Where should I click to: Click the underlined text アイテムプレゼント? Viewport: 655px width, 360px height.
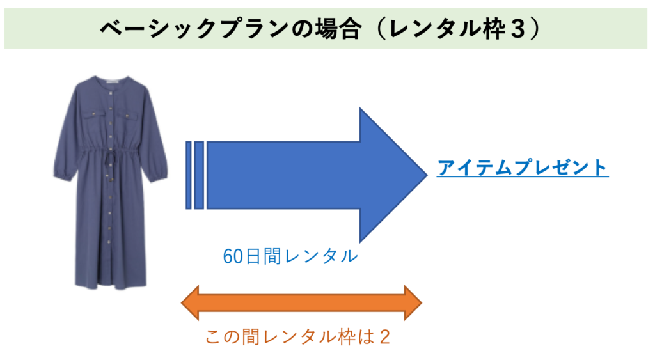pyautogui.click(x=522, y=168)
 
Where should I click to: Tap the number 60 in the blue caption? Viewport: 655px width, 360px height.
pyautogui.click(x=233, y=256)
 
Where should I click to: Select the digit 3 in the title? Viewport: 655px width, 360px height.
pyautogui.click(x=517, y=29)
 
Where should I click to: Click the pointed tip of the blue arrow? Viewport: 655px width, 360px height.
pyautogui.click(x=427, y=175)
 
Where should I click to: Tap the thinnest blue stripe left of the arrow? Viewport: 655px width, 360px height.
pyautogui.click(x=189, y=175)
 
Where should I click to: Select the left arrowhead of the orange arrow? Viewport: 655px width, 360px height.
pyautogui.click(x=189, y=303)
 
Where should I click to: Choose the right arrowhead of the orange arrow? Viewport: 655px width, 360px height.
pyautogui.click(x=413, y=303)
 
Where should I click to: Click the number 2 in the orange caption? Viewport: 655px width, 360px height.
pyautogui.click(x=384, y=337)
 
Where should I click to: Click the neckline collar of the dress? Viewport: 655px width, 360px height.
pyautogui.click(x=110, y=81)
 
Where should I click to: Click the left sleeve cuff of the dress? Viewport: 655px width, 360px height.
pyautogui.click(x=63, y=175)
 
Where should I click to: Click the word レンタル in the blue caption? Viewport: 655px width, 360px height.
pyautogui.click(x=322, y=256)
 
